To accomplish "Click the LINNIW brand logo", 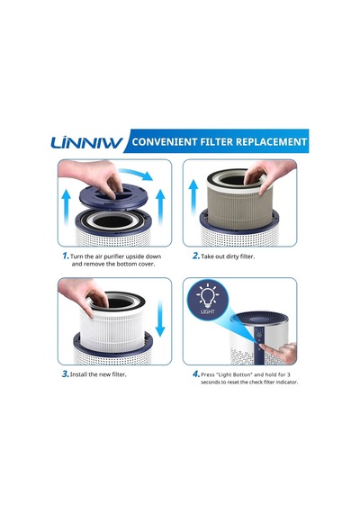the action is (86, 142).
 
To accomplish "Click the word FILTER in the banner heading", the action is (216, 141).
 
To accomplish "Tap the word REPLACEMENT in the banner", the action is (271, 141).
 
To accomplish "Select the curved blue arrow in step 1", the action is (136, 174).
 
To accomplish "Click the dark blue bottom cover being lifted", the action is (113, 196).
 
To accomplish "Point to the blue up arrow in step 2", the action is (194, 197).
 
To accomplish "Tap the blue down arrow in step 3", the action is (160, 319).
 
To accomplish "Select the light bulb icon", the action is (208, 296).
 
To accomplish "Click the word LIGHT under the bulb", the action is (208, 311).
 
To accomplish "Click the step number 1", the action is (66, 256).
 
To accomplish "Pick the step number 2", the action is (195, 256).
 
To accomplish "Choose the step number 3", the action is (66, 374).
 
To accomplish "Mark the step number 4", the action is (195, 374).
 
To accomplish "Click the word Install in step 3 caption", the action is (78, 374).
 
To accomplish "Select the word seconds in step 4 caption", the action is (210, 382).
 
